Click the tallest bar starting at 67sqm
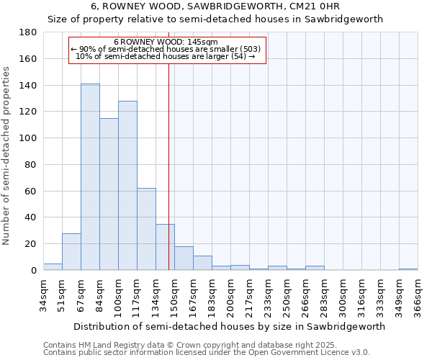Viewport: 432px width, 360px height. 90,177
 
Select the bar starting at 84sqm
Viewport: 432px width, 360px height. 109,194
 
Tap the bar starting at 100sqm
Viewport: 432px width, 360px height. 127,186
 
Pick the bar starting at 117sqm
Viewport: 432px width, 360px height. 146,229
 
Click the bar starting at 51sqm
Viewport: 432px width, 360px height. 71,252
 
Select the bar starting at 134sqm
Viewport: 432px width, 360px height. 165,247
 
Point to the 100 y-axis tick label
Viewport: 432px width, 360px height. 28,138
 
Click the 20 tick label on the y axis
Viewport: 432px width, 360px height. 31,244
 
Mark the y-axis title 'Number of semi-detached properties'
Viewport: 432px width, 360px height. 7,156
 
